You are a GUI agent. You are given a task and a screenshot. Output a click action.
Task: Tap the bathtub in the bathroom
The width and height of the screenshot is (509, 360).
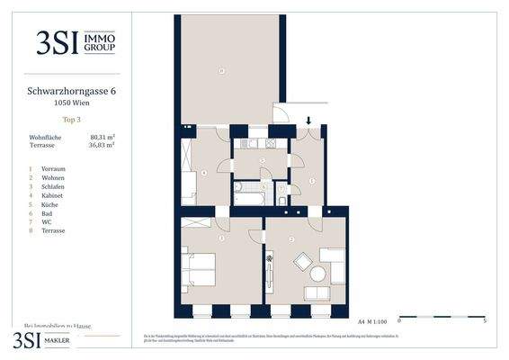[248, 193]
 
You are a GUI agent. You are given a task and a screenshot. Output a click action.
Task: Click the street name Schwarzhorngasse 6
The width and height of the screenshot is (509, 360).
[70, 91]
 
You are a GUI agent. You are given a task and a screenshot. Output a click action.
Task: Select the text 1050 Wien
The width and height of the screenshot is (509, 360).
[70, 103]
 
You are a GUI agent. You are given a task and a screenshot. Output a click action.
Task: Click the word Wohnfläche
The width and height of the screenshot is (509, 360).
[46, 137]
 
